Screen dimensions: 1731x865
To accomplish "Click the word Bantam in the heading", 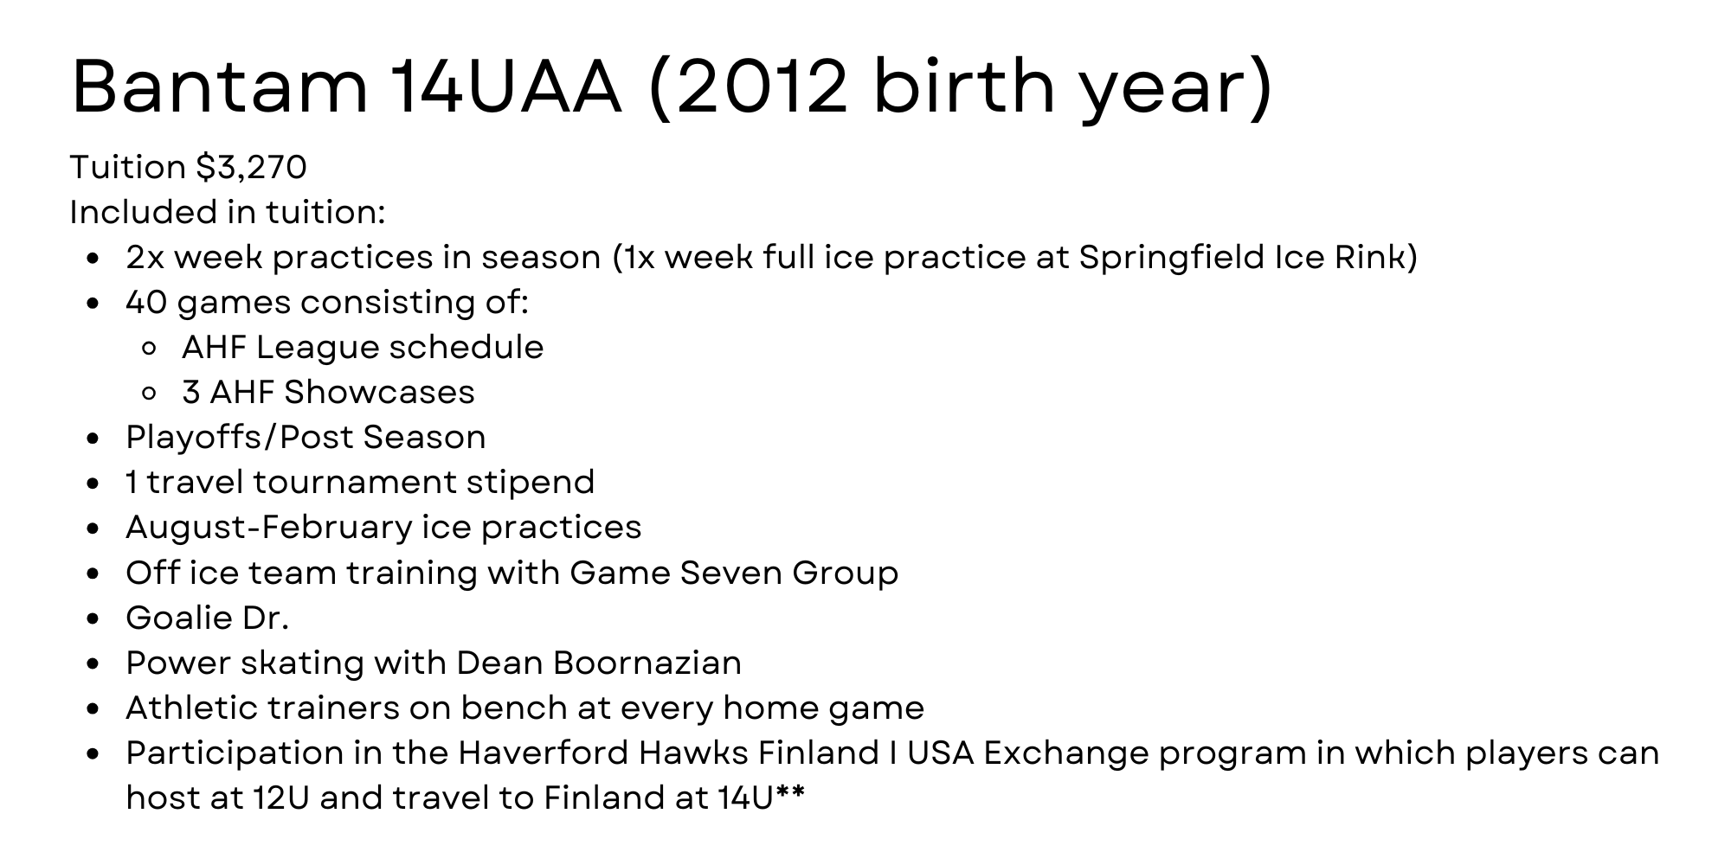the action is [220, 86].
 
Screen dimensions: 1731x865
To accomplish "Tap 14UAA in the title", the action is [505, 86].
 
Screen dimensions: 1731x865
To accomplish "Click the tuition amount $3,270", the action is [252, 168].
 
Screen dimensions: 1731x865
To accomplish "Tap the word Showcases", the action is [379, 393].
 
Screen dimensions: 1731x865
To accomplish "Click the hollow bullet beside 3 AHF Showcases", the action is [148, 394].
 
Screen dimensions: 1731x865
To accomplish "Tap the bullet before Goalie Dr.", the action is [94, 618].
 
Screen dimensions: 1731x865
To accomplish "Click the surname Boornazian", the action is [647, 663].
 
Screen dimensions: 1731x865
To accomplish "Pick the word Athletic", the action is [192, 708].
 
